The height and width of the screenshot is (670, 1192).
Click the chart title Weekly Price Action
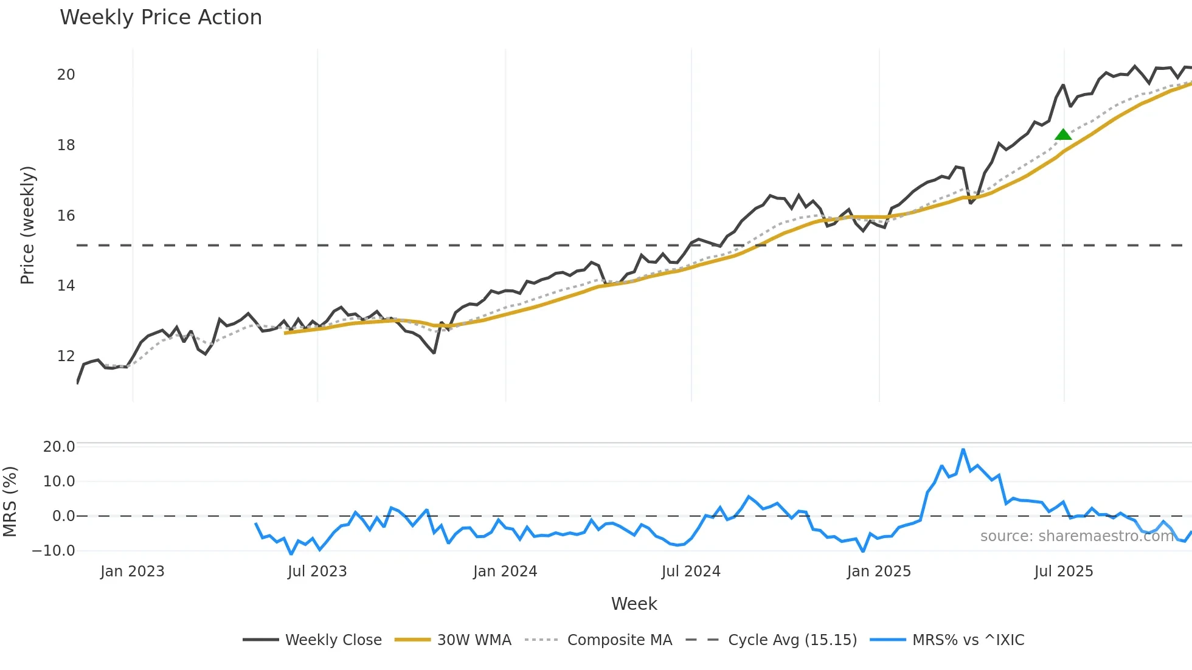(x=161, y=18)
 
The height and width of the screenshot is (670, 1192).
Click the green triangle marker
(x=1063, y=134)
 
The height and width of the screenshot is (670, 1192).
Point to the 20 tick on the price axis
(x=66, y=75)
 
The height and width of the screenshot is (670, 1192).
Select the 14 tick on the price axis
(x=66, y=286)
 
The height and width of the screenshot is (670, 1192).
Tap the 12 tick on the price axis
(x=66, y=356)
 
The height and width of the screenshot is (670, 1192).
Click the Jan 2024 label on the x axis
(x=505, y=572)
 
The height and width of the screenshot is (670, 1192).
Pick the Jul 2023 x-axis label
(x=317, y=572)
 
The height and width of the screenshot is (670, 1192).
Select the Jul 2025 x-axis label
(x=1063, y=572)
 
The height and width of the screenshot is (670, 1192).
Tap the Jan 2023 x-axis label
(x=132, y=572)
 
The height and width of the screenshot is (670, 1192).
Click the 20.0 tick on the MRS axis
(x=59, y=447)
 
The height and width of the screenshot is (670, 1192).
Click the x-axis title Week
(x=634, y=604)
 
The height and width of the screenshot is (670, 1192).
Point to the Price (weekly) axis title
(x=27, y=225)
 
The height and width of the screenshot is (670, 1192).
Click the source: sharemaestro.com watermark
(x=1076, y=536)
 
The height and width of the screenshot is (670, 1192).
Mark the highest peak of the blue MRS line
(x=963, y=450)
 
